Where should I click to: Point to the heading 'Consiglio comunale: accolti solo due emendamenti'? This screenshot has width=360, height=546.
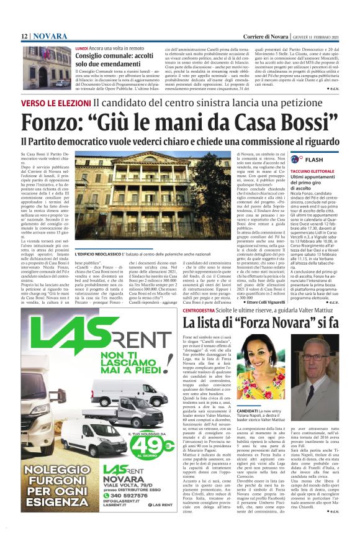click(108, 60)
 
